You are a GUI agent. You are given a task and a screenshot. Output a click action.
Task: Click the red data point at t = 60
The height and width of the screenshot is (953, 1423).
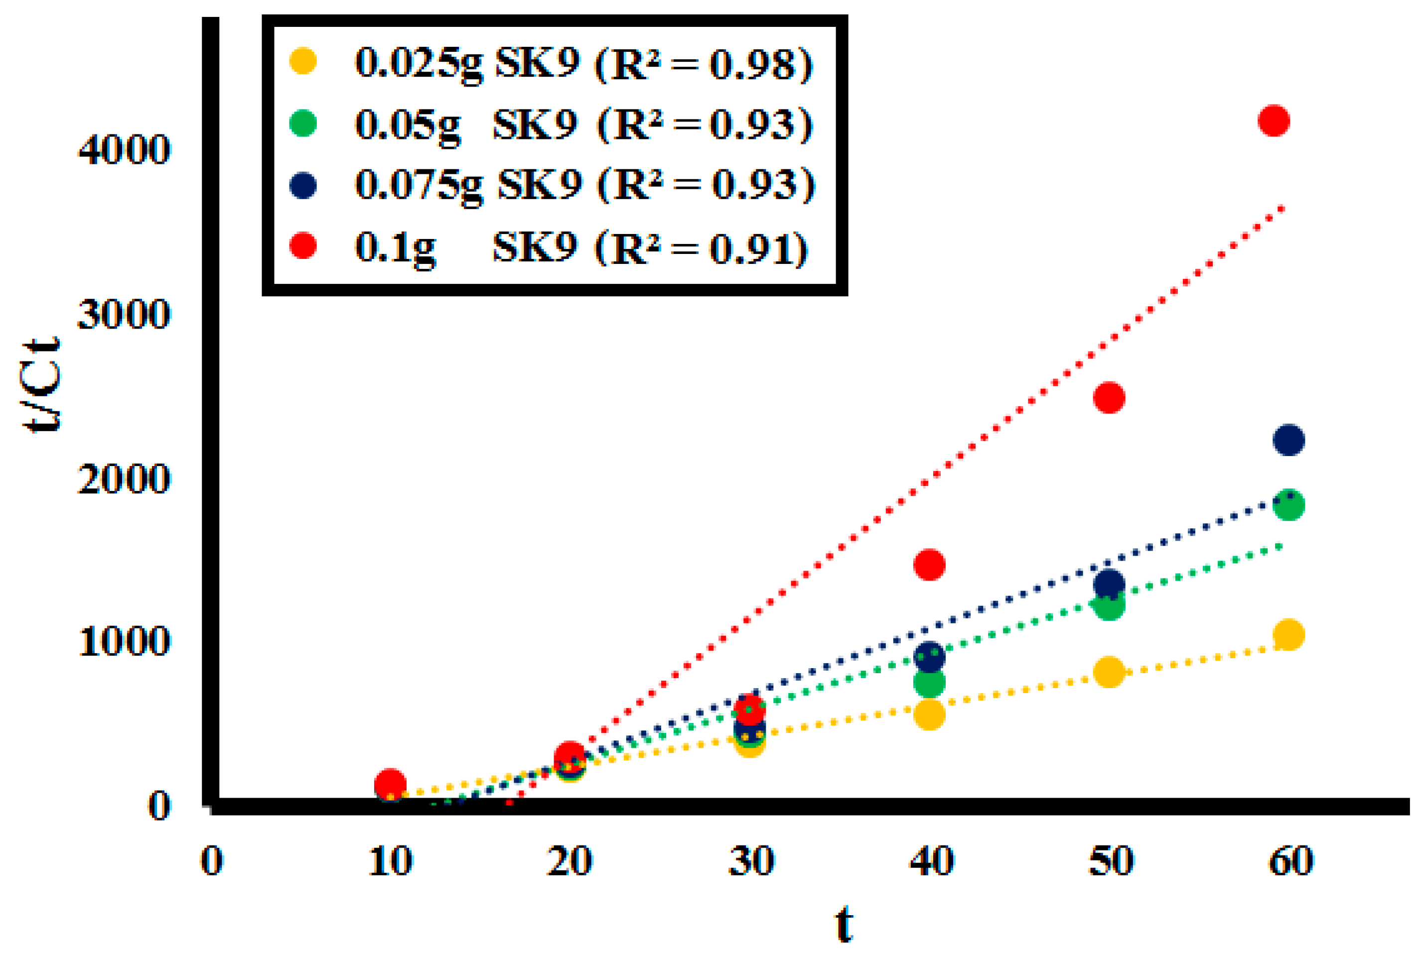(x=1274, y=120)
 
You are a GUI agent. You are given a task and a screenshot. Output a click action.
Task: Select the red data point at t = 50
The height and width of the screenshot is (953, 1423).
(x=1109, y=397)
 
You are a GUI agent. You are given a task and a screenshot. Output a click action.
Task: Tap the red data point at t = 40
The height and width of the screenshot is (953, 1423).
(x=929, y=565)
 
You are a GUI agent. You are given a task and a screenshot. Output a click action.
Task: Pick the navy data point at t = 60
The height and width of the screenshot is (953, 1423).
(x=1288, y=440)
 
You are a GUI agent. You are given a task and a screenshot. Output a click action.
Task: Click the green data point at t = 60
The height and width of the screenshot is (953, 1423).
(x=1288, y=504)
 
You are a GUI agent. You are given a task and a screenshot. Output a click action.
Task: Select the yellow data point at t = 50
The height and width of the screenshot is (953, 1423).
(x=1109, y=672)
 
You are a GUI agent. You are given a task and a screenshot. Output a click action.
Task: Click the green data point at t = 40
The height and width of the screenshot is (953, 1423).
(x=929, y=683)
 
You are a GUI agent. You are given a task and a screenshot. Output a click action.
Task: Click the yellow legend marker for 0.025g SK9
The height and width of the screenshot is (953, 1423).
(x=303, y=61)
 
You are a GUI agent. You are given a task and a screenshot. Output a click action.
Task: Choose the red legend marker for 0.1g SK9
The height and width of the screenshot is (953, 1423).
(x=303, y=246)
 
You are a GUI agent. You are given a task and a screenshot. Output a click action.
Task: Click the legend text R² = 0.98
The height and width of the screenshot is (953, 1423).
(x=704, y=64)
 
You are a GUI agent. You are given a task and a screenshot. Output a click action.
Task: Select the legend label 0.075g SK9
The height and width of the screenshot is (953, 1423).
(x=468, y=185)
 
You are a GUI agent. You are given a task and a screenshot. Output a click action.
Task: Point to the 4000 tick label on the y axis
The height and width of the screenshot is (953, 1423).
(x=124, y=149)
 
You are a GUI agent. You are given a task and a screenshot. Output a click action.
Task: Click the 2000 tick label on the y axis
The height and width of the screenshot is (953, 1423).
(x=124, y=479)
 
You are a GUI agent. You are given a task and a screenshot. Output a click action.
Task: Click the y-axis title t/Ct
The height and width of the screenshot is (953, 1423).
(x=41, y=384)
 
